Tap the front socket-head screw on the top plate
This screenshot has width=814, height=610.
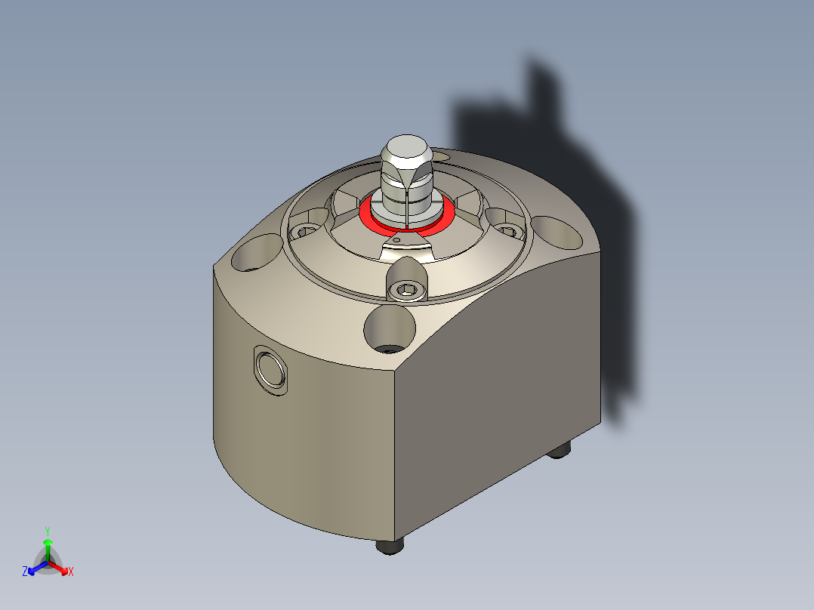point(406,290)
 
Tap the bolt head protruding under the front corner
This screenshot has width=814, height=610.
point(389,545)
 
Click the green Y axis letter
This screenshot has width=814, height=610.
point(47,531)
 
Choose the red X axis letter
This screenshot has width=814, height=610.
point(71,571)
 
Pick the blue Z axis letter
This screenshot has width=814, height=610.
point(25,571)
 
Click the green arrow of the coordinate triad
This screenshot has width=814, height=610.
point(47,547)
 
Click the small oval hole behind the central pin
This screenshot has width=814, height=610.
point(441,156)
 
